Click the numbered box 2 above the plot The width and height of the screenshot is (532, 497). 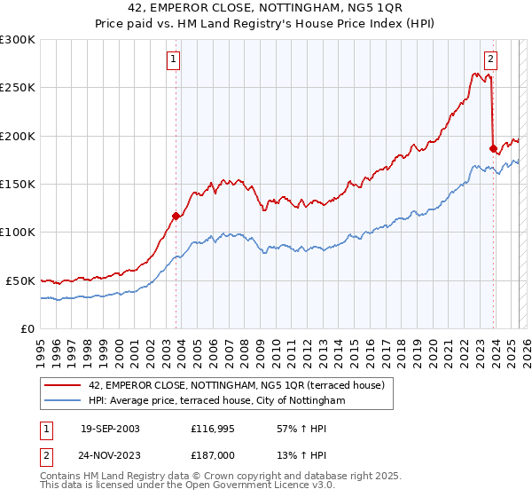click(x=490, y=60)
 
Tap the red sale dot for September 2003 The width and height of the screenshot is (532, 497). click(x=176, y=216)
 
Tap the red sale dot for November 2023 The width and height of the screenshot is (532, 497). click(x=493, y=148)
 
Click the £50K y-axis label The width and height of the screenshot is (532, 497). click(x=21, y=280)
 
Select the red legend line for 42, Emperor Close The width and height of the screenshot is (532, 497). click(x=59, y=385)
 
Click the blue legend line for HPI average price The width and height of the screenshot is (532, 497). click(x=59, y=401)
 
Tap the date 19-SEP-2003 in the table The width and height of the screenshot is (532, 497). click(x=111, y=429)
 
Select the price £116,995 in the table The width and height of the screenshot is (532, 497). click(x=211, y=429)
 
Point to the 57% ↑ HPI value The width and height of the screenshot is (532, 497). click(x=295, y=429)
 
